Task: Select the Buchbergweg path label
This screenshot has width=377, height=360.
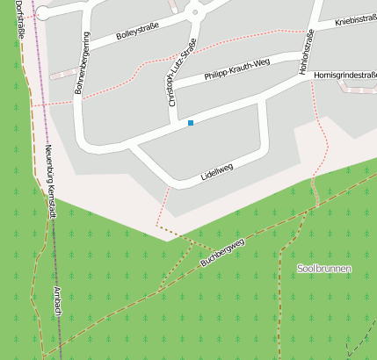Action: (221, 251)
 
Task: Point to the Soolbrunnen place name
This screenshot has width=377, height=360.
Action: (323, 268)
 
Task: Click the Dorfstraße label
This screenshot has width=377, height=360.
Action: (21, 19)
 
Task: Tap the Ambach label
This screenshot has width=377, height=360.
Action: (55, 297)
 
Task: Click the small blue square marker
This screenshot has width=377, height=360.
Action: (190, 124)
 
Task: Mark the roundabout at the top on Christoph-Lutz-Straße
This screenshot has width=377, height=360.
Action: (194, 11)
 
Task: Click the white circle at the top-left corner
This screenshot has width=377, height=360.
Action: (41, 12)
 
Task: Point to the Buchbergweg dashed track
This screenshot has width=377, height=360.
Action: (264, 230)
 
